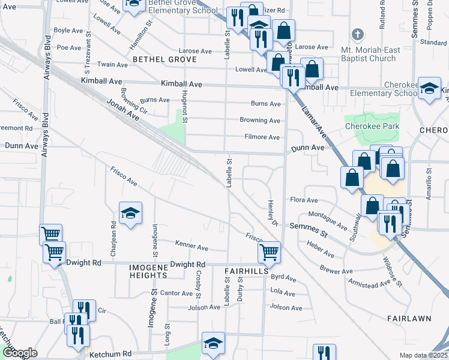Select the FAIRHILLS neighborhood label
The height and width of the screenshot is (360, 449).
(x=246, y=271)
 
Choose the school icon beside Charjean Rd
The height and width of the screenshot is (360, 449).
(x=130, y=214)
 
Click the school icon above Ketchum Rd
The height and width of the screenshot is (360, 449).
(x=213, y=343)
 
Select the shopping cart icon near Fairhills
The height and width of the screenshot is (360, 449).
(x=270, y=252)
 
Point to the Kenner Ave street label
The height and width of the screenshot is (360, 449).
(x=191, y=247)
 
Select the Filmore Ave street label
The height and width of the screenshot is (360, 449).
(x=262, y=137)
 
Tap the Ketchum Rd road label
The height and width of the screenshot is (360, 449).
(x=110, y=355)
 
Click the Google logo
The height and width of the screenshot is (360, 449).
(x=20, y=353)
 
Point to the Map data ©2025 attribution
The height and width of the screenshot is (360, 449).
(x=423, y=355)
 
